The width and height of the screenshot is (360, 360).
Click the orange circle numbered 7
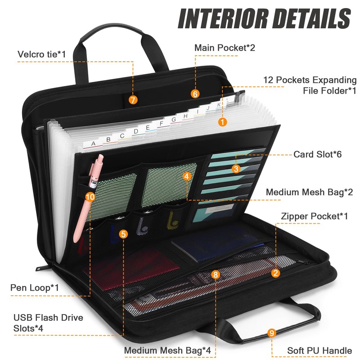[133, 100]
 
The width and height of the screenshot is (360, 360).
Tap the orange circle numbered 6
[195, 94]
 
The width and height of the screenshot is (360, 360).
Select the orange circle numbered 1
[222, 121]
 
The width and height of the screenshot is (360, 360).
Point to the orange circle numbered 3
[236, 169]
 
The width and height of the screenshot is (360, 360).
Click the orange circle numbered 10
[90, 196]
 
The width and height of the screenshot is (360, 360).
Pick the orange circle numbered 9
[271, 333]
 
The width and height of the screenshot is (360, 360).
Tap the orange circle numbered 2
[276, 272]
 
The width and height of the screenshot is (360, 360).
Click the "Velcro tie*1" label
[42, 54]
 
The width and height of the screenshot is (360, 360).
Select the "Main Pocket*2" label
[225, 47]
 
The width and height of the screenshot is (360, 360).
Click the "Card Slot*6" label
[318, 154]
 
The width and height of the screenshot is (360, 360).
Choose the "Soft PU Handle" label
[319, 351]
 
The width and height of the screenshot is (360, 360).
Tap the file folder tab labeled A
[93, 144]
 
